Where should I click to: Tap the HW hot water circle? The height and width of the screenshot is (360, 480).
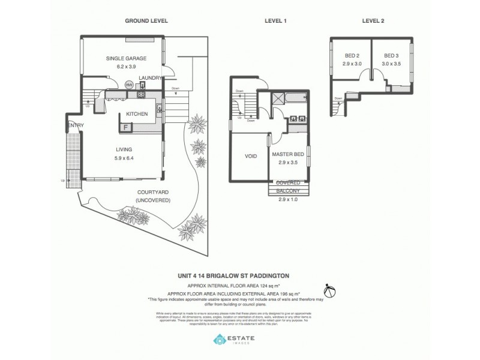point(128,85)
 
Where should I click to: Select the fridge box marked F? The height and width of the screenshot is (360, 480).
point(126,127)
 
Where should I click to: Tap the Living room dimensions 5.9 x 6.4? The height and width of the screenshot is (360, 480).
point(124,158)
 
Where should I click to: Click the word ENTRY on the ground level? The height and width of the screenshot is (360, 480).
point(76,125)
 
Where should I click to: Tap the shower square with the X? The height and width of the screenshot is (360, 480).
point(278,100)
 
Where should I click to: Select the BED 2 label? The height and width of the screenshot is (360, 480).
point(345,55)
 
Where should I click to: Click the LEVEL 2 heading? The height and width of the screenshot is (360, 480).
point(373,20)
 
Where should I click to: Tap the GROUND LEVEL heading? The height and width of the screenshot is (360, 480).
point(146,20)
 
